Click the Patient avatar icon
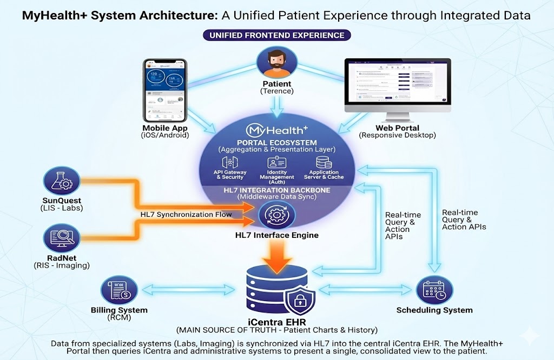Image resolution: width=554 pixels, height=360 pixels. point(276,62)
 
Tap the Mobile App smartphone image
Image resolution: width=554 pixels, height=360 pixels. point(164,90)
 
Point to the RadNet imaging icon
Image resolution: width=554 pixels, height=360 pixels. point(61,238)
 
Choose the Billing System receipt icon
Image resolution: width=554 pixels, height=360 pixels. point(118,290)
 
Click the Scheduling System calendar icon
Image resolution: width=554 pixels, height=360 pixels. point(434,291)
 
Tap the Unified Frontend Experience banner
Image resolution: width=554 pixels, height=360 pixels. point(276,35)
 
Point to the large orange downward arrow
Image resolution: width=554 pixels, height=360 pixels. point(276,253)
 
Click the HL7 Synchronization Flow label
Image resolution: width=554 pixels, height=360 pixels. point(186,215)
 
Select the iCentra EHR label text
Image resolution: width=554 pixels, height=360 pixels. point(276,321)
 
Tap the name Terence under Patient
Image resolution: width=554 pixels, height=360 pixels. point(276,91)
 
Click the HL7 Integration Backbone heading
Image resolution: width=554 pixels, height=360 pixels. point(276,190)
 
